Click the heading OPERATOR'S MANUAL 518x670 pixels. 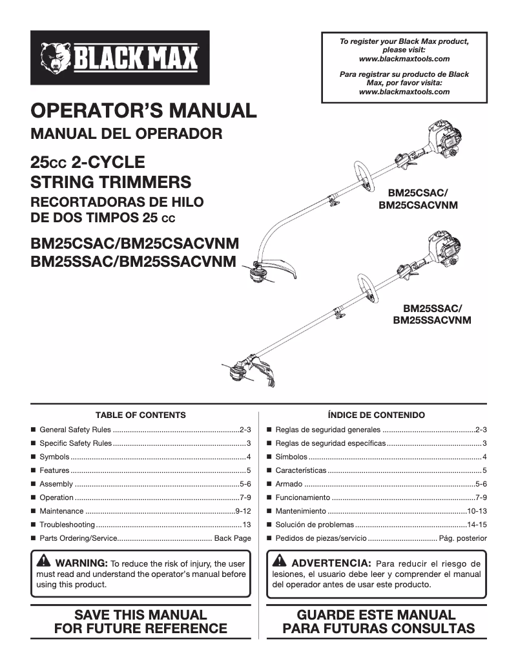click(143, 110)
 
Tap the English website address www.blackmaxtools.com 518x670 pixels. click(404, 59)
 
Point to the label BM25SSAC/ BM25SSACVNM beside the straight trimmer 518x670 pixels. click(431, 314)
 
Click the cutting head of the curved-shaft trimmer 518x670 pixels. click(257, 275)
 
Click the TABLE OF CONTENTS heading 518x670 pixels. click(140, 415)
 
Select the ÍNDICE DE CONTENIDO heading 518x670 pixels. click(376, 415)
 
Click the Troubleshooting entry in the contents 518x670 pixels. click(67, 525)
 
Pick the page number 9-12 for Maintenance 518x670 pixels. click(242, 510)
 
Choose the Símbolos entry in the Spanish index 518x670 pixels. click(291, 457)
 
